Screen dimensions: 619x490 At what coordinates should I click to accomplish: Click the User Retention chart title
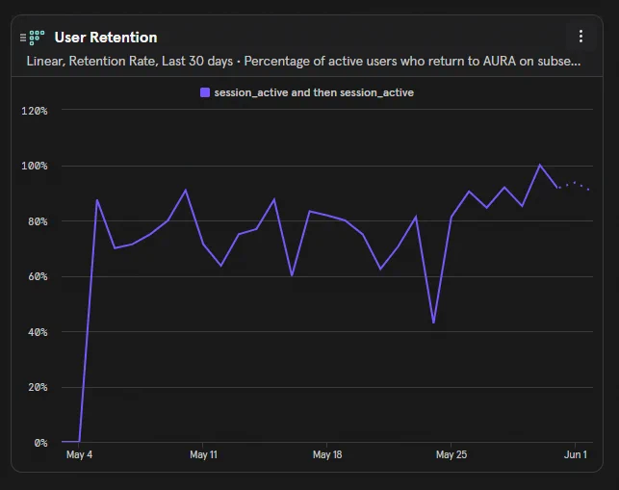click(106, 38)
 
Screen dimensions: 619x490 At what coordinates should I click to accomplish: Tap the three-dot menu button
click(580, 37)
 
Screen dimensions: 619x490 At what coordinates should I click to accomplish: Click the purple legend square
click(205, 92)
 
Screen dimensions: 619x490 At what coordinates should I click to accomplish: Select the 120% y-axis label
click(35, 111)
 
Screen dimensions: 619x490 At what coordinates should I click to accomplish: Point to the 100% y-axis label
click(35, 166)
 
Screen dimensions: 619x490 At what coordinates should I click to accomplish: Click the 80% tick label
click(38, 221)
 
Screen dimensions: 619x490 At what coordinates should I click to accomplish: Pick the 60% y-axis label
click(38, 276)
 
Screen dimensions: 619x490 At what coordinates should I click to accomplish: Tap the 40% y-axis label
click(38, 332)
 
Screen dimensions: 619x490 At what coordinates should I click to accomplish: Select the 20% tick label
click(38, 387)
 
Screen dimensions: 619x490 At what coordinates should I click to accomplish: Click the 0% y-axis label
click(40, 443)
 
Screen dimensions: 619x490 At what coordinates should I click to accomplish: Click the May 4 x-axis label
click(79, 454)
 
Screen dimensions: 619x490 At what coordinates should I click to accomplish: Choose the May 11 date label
click(203, 454)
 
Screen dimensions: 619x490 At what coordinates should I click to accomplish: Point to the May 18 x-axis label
click(327, 454)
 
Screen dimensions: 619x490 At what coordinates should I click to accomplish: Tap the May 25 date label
click(451, 454)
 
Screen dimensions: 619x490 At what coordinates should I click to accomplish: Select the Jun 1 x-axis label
click(575, 454)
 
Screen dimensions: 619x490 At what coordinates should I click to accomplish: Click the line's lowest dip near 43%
click(433, 322)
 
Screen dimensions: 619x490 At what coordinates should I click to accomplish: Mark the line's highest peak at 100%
click(540, 165)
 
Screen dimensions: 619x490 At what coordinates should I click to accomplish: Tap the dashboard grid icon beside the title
click(37, 38)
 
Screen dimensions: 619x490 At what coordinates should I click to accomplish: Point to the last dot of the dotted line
click(588, 190)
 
